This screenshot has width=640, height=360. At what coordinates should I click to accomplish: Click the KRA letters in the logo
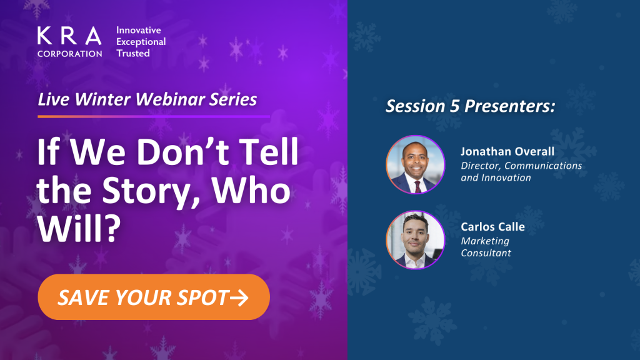[x=69, y=36]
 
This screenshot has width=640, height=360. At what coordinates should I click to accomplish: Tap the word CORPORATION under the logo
[x=70, y=54]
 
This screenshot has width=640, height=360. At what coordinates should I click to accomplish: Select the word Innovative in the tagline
[x=139, y=30]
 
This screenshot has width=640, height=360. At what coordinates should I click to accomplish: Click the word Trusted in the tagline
[x=133, y=54]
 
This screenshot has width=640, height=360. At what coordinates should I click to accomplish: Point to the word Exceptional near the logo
[x=141, y=42]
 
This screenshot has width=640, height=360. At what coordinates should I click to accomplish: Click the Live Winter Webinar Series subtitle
[x=147, y=99]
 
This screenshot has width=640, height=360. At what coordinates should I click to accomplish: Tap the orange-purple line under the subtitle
[x=154, y=116]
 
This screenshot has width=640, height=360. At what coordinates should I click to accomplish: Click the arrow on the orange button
[x=239, y=297]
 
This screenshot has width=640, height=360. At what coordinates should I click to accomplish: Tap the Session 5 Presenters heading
[x=471, y=106]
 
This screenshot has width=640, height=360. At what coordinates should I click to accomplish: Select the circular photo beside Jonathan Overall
[x=416, y=164]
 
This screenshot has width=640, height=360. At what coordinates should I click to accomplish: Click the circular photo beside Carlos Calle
[x=416, y=240]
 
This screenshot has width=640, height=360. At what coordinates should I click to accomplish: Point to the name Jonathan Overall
[x=507, y=151]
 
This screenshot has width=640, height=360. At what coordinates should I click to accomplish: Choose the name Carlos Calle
[x=492, y=226]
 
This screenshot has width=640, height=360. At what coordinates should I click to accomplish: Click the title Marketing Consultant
[x=486, y=247]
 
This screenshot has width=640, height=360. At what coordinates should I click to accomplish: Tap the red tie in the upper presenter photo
[x=417, y=187]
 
